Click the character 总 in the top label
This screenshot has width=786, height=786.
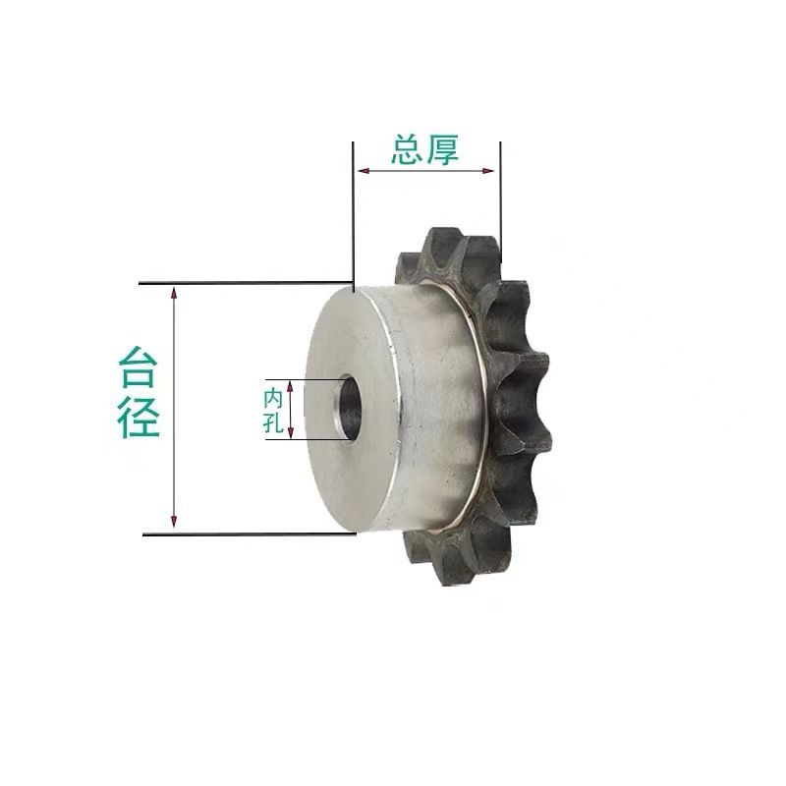pos(407,149)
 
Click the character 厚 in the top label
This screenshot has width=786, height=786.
pos(442,149)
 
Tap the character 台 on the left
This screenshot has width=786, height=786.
pos(138,367)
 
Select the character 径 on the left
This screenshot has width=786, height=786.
pos(138,417)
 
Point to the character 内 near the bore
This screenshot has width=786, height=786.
pos(274,399)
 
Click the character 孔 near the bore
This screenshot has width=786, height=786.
pos(274,424)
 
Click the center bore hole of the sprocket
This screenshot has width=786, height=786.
pos(349,407)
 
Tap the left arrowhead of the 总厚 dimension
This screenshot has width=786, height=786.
pos(364,171)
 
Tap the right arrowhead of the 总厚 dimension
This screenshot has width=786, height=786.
pos(487,171)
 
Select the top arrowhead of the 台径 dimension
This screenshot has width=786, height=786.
pos(174,293)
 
